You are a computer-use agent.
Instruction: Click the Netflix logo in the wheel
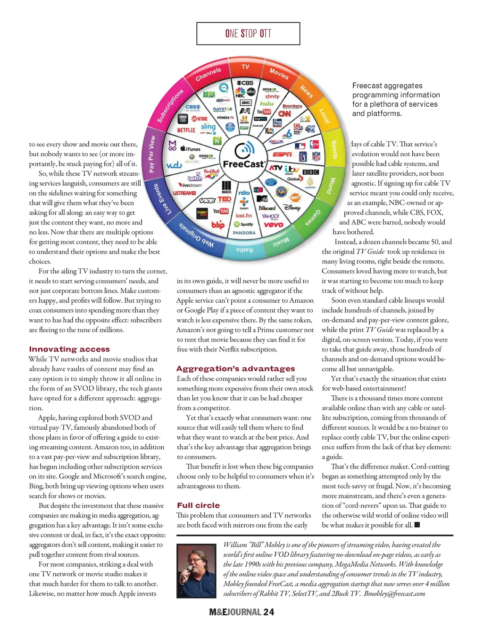[186, 130]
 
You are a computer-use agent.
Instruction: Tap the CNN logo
[284, 114]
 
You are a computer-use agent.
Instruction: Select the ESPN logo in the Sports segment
[282, 154]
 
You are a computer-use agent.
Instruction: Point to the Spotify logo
[244, 224]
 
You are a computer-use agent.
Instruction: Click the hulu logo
[266, 103]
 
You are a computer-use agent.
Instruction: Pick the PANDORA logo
[244, 233]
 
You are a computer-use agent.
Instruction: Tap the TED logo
[225, 199]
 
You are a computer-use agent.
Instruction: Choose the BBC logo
[310, 172]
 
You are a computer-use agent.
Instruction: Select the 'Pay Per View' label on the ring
[151, 154]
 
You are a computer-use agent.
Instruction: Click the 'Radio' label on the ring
[244, 250]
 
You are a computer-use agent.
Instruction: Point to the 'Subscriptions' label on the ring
[170, 106]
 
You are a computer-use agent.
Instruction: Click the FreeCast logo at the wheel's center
[244, 156]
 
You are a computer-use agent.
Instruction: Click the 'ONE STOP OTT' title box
[248, 34]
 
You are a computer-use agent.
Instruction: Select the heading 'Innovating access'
[69, 349]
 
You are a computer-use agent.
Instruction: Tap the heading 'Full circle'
[198, 505]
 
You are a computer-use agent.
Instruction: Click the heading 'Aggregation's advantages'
[235, 368]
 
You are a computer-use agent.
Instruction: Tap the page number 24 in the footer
[268, 612]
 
